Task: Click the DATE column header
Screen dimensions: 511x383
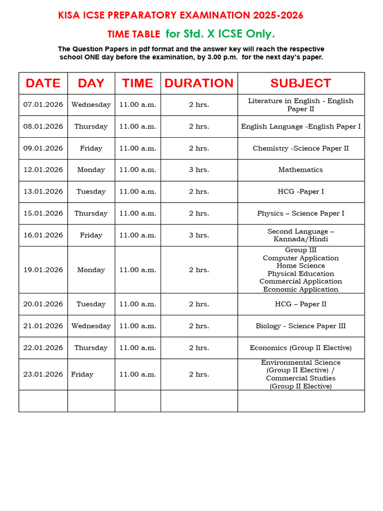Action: coord(43,83)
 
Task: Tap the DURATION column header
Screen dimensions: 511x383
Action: coord(199,83)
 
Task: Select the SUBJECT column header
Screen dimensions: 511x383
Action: coord(301,83)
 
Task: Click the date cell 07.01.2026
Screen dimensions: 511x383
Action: coord(43,105)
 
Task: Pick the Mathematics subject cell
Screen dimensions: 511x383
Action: coord(301,170)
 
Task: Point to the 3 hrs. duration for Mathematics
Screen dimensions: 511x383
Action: coord(199,170)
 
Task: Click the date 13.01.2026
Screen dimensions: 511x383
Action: coord(43,192)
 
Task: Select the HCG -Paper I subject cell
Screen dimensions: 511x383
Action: coord(301,192)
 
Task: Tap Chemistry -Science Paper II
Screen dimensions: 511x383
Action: coord(301,148)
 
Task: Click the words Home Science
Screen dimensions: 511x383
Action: coord(301,266)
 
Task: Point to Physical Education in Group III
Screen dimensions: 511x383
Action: coord(301,274)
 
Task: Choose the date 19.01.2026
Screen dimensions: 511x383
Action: coord(43,270)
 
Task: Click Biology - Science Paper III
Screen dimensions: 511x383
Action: coord(301,326)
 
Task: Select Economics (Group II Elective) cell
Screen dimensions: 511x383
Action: coord(301,348)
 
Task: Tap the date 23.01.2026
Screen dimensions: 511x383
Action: coord(43,374)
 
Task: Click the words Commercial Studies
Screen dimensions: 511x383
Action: coord(301,378)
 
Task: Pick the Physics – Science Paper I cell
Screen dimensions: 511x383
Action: coord(301,214)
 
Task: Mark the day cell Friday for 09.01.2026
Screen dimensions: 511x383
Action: coord(91,148)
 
